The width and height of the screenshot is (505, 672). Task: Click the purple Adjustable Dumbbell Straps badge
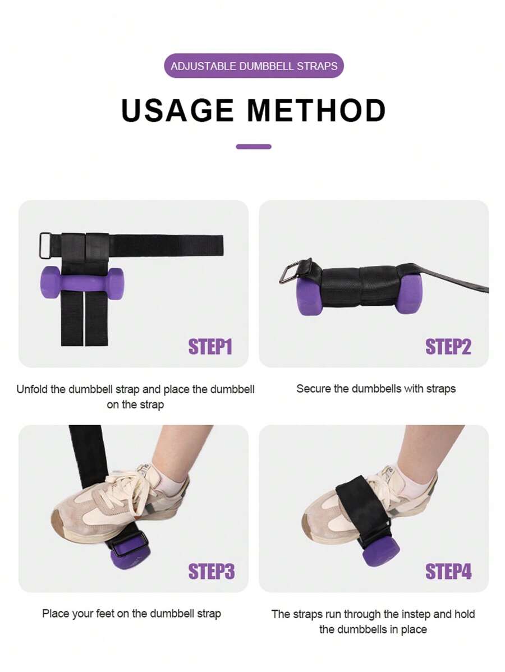(x=254, y=66)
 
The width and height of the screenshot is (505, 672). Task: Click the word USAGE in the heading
(x=177, y=111)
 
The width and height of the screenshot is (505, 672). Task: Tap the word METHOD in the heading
(x=316, y=111)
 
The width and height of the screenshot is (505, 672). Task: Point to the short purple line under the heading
(x=254, y=147)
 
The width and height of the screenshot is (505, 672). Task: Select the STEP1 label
(x=210, y=347)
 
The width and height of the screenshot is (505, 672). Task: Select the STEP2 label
(x=448, y=347)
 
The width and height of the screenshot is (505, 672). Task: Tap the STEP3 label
(x=211, y=572)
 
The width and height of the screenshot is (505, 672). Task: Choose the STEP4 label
(x=448, y=572)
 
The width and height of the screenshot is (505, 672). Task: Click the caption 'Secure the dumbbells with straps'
(x=375, y=388)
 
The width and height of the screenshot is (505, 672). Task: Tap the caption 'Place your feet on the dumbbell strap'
(x=131, y=613)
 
